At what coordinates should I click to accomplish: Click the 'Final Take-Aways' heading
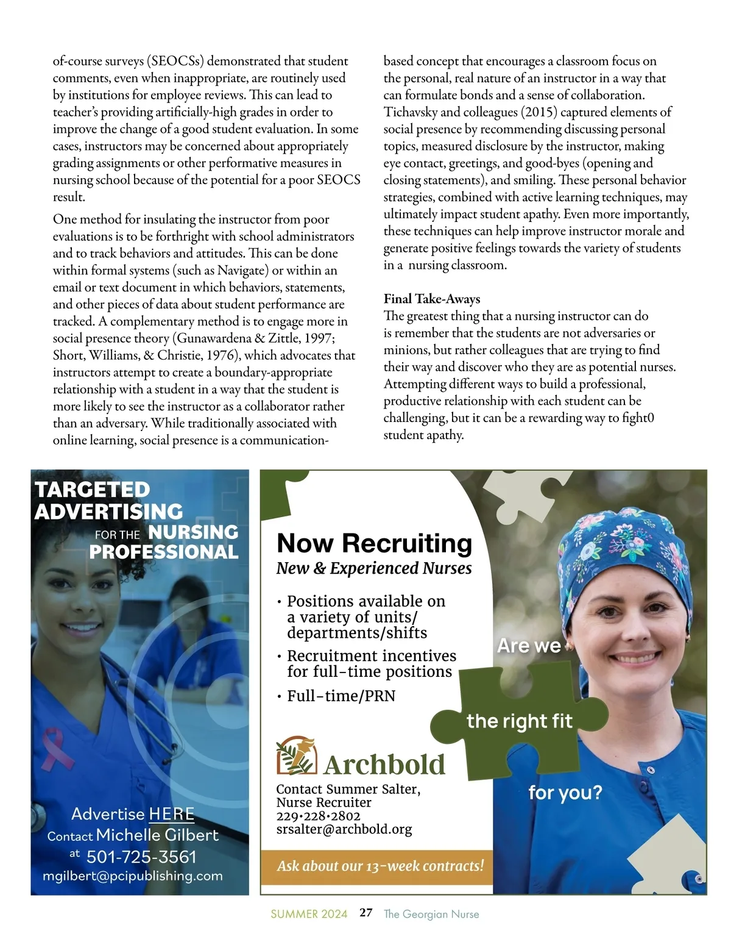[431, 299]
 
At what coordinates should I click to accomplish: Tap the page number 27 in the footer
[365, 913]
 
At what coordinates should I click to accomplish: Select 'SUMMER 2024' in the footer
[309, 914]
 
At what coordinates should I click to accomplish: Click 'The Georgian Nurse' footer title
[431, 914]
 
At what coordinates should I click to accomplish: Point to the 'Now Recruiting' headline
[374, 543]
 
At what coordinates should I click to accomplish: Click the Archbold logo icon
[296, 755]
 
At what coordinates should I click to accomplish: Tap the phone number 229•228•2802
[318, 816]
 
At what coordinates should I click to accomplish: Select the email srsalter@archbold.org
[344, 829]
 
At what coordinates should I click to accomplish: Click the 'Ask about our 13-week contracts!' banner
[380, 866]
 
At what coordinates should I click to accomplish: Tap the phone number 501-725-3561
[141, 857]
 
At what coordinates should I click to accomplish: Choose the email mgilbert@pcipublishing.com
[132, 876]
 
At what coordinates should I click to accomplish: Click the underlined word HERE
[171, 814]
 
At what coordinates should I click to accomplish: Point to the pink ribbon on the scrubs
[57, 748]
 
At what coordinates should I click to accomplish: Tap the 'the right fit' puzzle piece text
[519, 721]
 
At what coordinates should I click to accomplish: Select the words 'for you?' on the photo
[565, 793]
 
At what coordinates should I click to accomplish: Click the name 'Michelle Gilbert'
[157, 835]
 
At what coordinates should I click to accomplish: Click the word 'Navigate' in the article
[242, 270]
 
